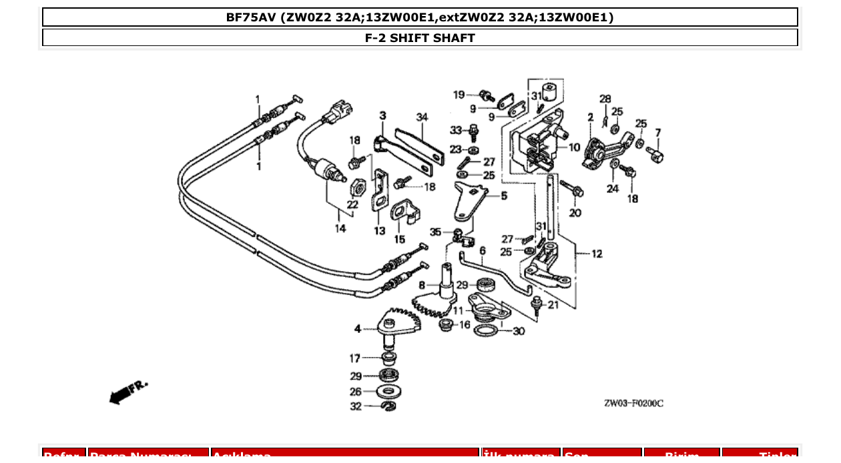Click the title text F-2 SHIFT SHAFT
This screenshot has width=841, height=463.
tap(420, 38)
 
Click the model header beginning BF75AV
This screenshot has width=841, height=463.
tap(420, 17)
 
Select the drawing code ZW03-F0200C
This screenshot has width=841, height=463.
tap(633, 404)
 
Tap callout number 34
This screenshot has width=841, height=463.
tap(422, 117)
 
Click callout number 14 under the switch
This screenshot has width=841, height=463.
tap(340, 228)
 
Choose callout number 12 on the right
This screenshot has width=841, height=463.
tap(596, 254)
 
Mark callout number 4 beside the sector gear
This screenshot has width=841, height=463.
tap(358, 328)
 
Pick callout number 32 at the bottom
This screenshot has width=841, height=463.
tap(356, 406)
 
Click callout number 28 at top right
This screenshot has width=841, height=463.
tap(605, 99)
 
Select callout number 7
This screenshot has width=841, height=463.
tap(657, 133)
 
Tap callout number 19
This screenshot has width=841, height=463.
tap(459, 95)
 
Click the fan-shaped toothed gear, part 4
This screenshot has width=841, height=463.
tap(401, 323)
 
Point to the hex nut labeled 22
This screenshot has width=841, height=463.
tap(356, 185)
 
